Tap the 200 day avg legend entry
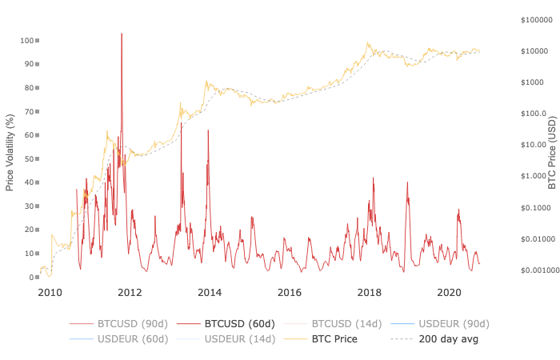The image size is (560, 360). click(x=437, y=339)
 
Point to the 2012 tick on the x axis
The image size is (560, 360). click(x=130, y=292)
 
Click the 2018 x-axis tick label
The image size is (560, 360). click(x=370, y=292)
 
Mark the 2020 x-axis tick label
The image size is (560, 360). click(x=450, y=292)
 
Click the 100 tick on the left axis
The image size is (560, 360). click(x=30, y=40)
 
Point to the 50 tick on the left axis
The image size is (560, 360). click(x=32, y=158)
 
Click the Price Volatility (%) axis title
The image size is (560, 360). click(x=10, y=152)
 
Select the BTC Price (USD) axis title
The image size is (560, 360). click(x=551, y=152)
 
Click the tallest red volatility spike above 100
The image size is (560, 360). click(x=122, y=34)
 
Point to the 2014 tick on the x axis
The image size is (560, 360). click(x=210, y=292)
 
